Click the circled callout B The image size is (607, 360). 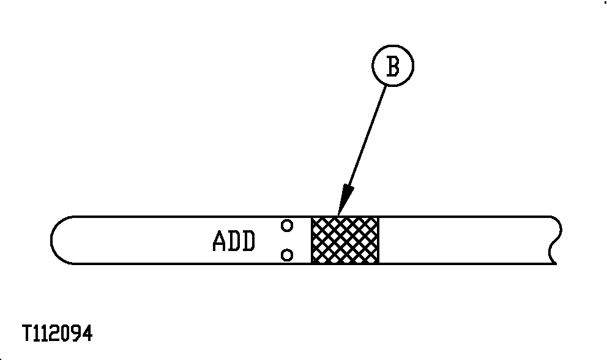393,66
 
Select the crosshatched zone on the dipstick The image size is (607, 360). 345,240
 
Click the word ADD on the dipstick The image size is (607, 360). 234,241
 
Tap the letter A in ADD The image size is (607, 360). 219,241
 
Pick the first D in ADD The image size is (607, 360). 234,241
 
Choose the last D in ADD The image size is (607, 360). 249,241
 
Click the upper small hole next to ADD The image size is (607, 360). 287,225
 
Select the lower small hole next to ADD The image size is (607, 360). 287,255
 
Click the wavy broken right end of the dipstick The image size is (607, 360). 556,240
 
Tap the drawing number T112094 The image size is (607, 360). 58,333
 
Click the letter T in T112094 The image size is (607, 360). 28,333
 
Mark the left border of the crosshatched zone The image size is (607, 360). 312,240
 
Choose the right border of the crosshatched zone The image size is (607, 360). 379,240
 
